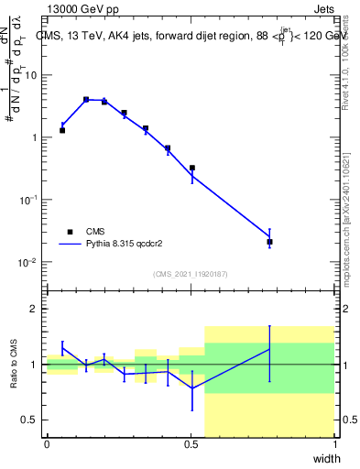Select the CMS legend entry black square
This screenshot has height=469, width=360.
pos(70,232)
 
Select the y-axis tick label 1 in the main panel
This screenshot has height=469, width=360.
pos(36,137)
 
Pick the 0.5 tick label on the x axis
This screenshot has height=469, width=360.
pos(191,444)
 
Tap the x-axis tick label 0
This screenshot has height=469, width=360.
pos(47,444)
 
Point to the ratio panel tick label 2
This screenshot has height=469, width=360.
pos(36,310)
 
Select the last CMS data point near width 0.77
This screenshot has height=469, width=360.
pos(269,242)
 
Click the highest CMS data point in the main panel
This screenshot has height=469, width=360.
pos(86,99)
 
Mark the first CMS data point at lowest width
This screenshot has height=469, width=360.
pos(62,130)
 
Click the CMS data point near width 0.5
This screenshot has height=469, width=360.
pos(191,168)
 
